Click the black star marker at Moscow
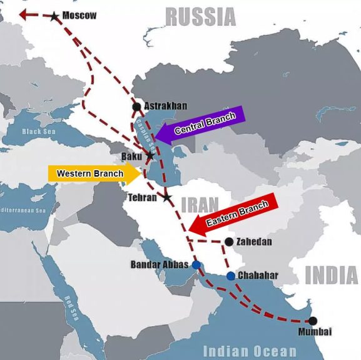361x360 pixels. (x=55, y=16)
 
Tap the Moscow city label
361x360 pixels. (x=79, y=15)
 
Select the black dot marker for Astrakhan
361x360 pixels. (x=136, y=106)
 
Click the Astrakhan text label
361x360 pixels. (x=165, y=106)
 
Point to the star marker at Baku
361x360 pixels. (x=150, y=155)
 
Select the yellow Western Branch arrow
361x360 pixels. (x=94, y=173)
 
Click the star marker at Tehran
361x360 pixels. (x=166, y=198)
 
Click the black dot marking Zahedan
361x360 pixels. (x=229, y=242)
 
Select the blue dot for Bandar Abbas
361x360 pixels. (x=196, y=265)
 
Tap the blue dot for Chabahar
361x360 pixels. (x=231, y=276)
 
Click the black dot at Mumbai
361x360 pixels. (x=313, y=321)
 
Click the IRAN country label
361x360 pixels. (x=200, y=204)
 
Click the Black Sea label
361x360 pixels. (x=39, y=132)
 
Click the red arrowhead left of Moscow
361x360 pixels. (x=24, y=14)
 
